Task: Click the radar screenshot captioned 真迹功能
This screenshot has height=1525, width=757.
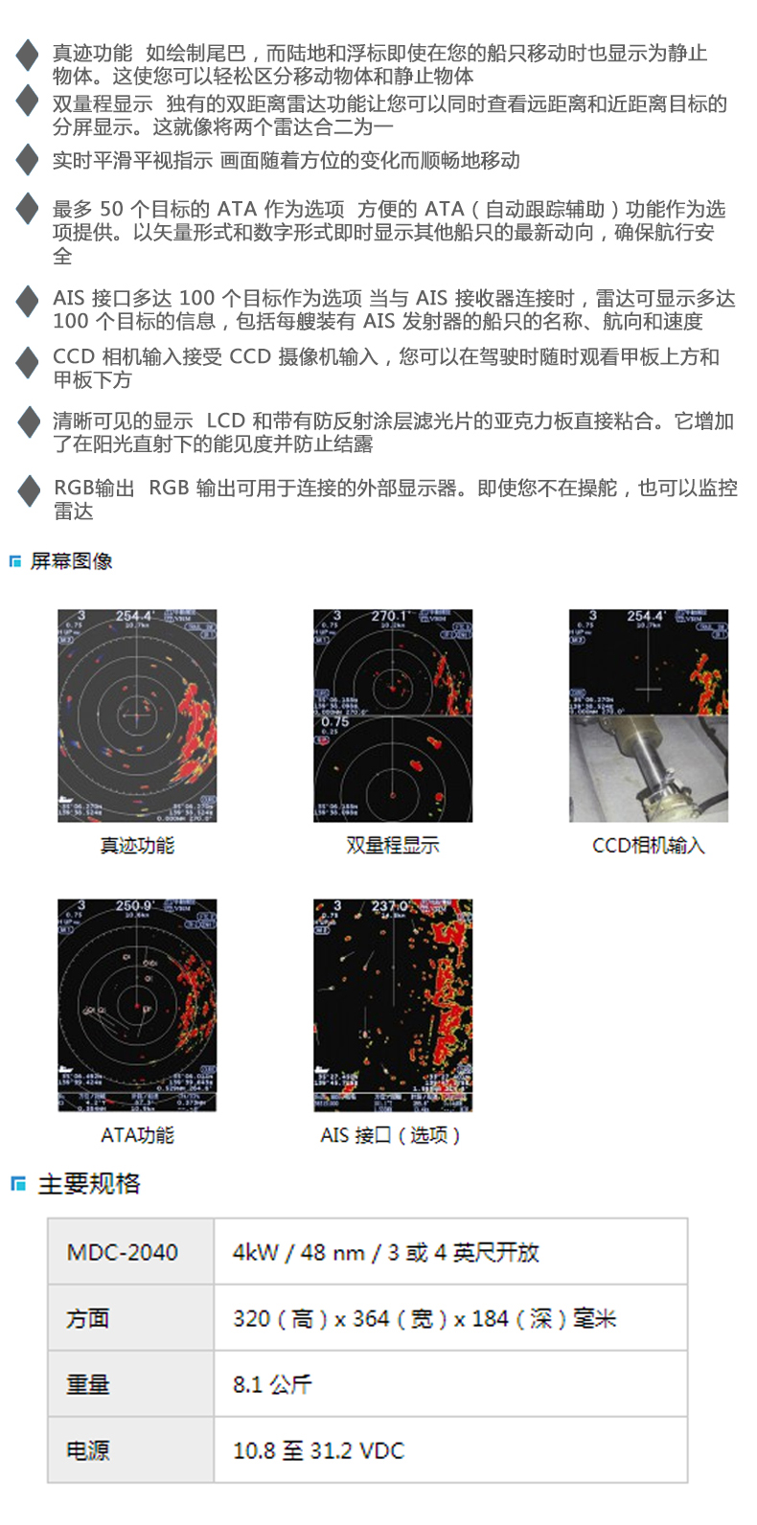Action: click(x=137, y=716)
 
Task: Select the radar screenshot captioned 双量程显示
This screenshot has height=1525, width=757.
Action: click(x=393, y=716)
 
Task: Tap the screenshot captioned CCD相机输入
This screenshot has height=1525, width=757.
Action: click(x=649, y=716)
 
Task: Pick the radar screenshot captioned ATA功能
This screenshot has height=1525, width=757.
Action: click(x=137, y=1005)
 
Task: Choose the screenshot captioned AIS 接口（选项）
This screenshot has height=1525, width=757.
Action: click(x=393, y=1005)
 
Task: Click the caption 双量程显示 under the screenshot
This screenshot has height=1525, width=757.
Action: click(x=393, y=845)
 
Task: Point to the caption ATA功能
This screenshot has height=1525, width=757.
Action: click(x=137, y=1135)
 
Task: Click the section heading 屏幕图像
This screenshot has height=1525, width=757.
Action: click(x=71, y=561)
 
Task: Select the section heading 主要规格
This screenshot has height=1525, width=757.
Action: click(x=88, y=1184)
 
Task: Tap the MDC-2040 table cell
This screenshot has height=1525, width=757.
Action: click(x=123, y=1252)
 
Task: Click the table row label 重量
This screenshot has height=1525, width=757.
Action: click(x=88, y=1384)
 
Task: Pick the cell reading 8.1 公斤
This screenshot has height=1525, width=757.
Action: click(x=272, y=1384)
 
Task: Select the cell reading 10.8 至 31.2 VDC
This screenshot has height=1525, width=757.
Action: click(x=318, y=1450)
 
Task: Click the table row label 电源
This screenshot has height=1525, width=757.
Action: click(x=88, y=1450)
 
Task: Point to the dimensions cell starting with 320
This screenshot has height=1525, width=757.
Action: click(x=424, y=1319)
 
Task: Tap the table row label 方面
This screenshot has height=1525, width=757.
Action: click(x=88, y=1319)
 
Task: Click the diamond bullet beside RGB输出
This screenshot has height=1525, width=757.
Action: click(x=28, y=489)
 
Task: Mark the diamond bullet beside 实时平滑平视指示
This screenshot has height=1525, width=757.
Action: click(x=28, y=160)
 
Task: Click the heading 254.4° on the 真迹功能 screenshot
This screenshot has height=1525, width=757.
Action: click(x=134, y=616)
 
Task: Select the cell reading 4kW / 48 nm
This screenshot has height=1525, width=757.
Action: click(x=385, y=1252)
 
